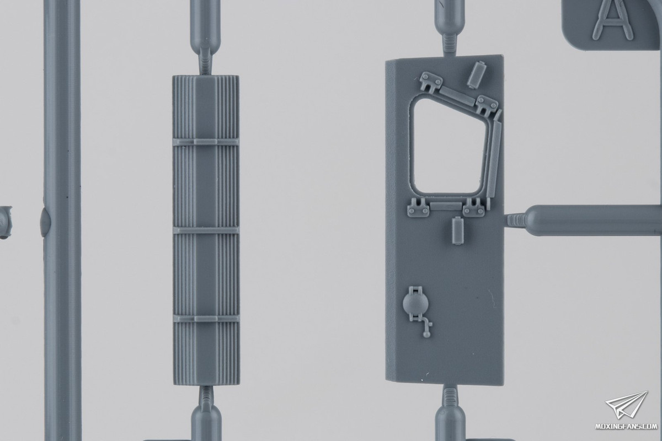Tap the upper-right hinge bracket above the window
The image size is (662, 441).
pyautogui.click(x=487, y=105)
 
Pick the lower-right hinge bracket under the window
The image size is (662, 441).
pyautogui.click(x=474, y=208)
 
